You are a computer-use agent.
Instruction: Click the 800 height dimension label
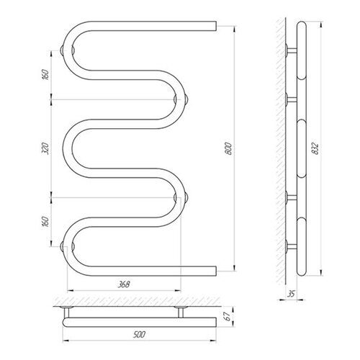point(229,149)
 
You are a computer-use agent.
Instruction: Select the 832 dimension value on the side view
point(316,149)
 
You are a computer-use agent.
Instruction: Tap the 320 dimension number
point(46,148)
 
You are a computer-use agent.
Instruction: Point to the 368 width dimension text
point(124,284)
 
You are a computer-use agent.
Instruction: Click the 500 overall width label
point(139,334)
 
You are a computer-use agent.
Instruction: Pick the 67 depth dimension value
point(228,316)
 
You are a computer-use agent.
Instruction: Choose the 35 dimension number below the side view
point(291,294)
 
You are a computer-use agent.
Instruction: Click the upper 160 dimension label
point(45,75)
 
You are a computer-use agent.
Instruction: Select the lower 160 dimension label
point(45,221)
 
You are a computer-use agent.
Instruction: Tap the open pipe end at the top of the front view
point(216,26)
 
